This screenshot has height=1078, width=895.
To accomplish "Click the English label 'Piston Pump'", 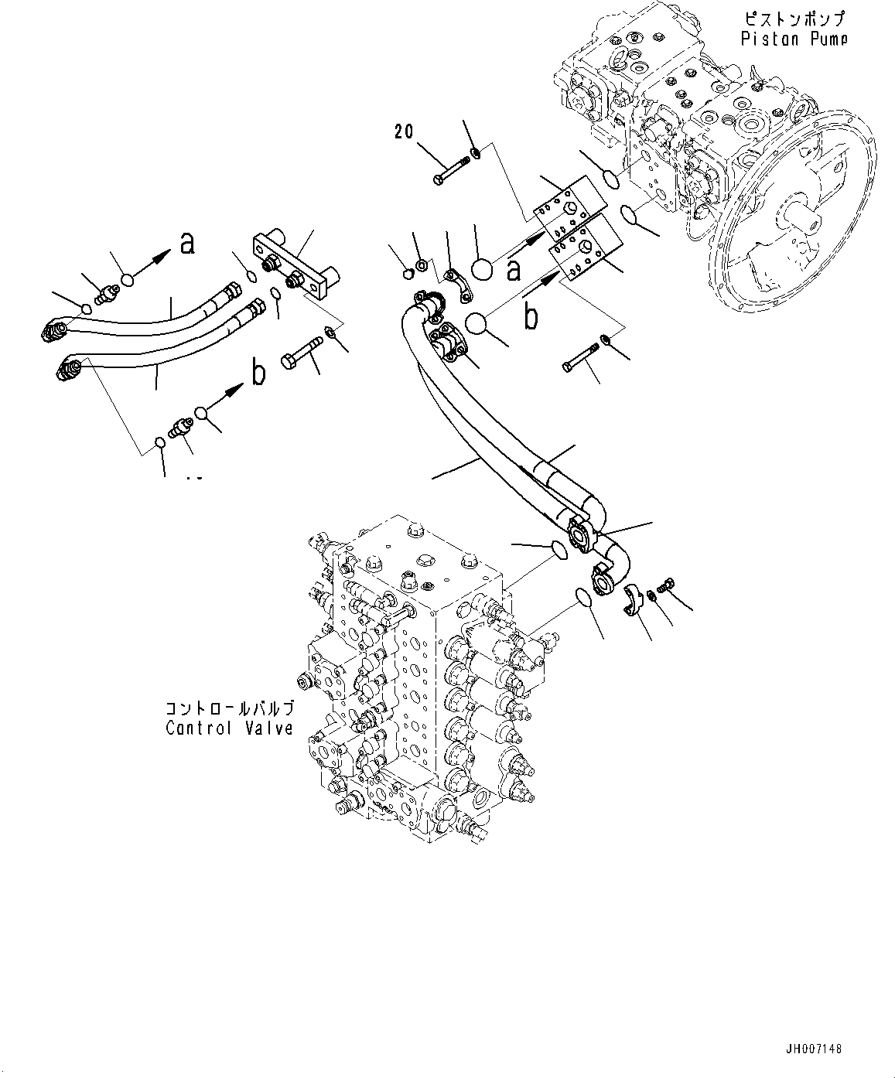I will pos(794,39).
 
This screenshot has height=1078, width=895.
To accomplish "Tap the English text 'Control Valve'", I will pos(229,728).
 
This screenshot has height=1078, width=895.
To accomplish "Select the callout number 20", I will pos(404,131).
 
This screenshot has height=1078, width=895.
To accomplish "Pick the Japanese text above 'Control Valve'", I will pos(229,708).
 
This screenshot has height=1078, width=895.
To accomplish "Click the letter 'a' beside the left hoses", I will pos(186,244).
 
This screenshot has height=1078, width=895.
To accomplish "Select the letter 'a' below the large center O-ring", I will pos(512,270).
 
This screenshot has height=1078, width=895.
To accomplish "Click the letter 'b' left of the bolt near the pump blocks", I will pos(531,319).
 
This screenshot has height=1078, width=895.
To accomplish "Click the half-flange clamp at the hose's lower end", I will pos(634,600).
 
